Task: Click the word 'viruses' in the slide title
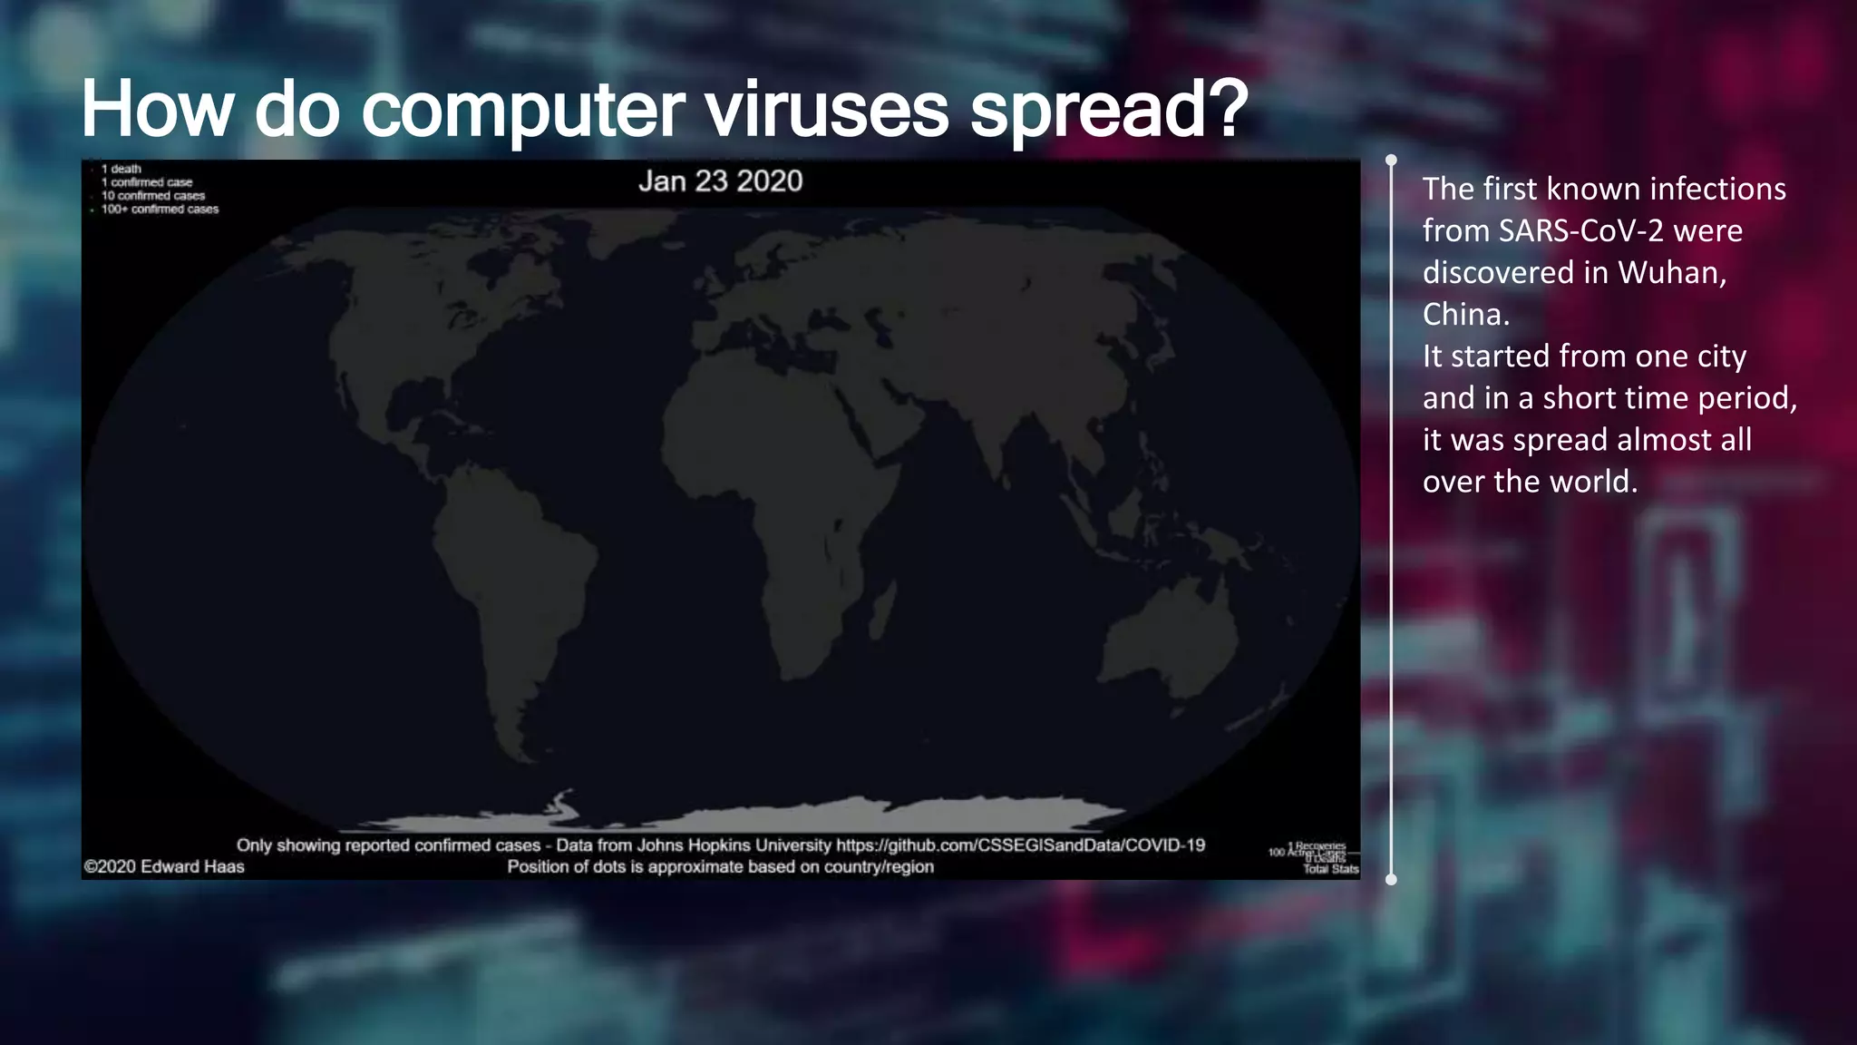pyautogui.click(x=826, y=111)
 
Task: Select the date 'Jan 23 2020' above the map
pyautogui.click(x=720, y=181)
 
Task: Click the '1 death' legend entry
pyautogui.click(x=122, y=169)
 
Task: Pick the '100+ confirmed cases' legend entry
pyautogui.click(x=160, y=210)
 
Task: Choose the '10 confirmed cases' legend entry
pyautogui.click(x=153, y=196)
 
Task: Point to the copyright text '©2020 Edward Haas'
pyautogui.click(x=164, y=866)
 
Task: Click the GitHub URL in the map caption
pyautogui.click(x=1020, y=845)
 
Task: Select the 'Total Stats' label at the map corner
pyautogui.click(x=1330, y=869)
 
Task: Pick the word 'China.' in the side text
pyautogui.click(x=1465, y=314)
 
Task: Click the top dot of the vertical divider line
pyautogui.click(x=1392, y=161)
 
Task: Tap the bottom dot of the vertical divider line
pyautogui.click(x=1392, y=879)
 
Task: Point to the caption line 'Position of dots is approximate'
pyautogui.click(x=720, y=866)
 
